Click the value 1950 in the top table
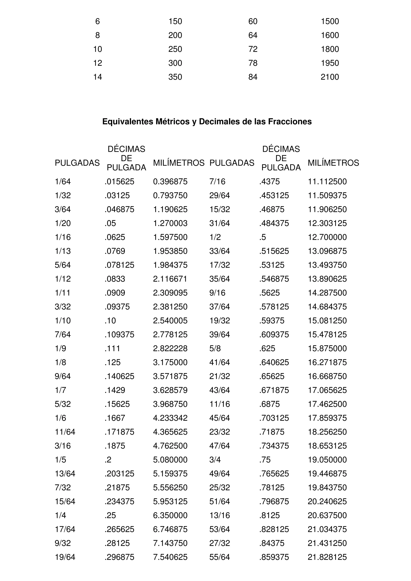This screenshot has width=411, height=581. pos(330,63)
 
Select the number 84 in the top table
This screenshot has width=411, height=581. pos(253,77)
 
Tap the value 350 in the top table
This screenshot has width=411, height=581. pos(175,77)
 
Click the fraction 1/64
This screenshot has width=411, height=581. pos(63,182)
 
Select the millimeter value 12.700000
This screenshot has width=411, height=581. pos(327,237)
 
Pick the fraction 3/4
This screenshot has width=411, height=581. pos(215,460)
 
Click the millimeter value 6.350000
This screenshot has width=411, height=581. pos(170,515)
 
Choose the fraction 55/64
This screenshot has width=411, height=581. pos(220,557)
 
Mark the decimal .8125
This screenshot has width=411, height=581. pos(270,515)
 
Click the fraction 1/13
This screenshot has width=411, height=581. pos(63,251)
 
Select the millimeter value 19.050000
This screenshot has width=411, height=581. pos(327,460)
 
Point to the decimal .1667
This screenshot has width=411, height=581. pos(115,418)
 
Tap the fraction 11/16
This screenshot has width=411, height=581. pos(220,404)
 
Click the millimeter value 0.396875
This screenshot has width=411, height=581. pos(170,182)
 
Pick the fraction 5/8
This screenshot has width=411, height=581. pos(215,348)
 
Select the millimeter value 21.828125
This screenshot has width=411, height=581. pos(327,557)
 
